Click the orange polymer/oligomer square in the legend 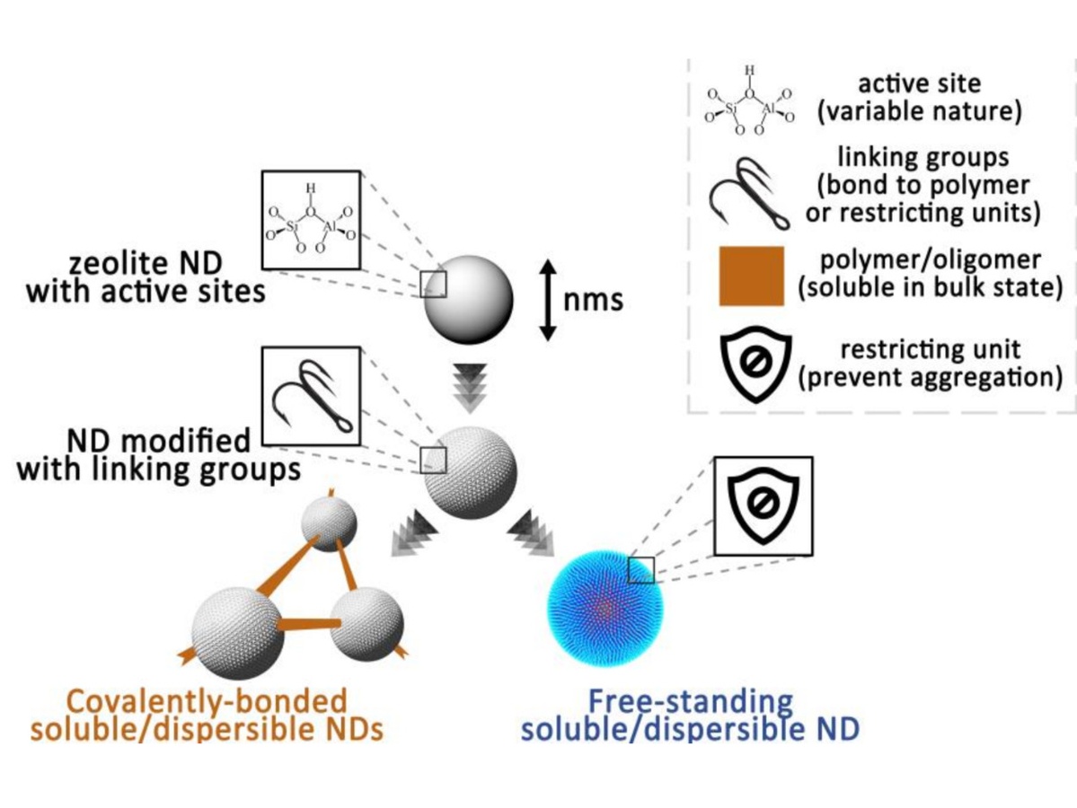click(752, 276)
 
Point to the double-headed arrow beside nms click(548, 299)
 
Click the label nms click(593, 299)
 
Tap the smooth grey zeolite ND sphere click(468, 299)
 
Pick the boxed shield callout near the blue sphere click(763, 505)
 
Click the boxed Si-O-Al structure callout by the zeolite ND click(311, 219)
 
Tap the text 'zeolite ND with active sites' click(146, 278)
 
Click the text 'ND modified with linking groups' click(159, 454)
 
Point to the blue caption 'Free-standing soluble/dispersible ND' click(690, 715)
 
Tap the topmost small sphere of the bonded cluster click(329, 523)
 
